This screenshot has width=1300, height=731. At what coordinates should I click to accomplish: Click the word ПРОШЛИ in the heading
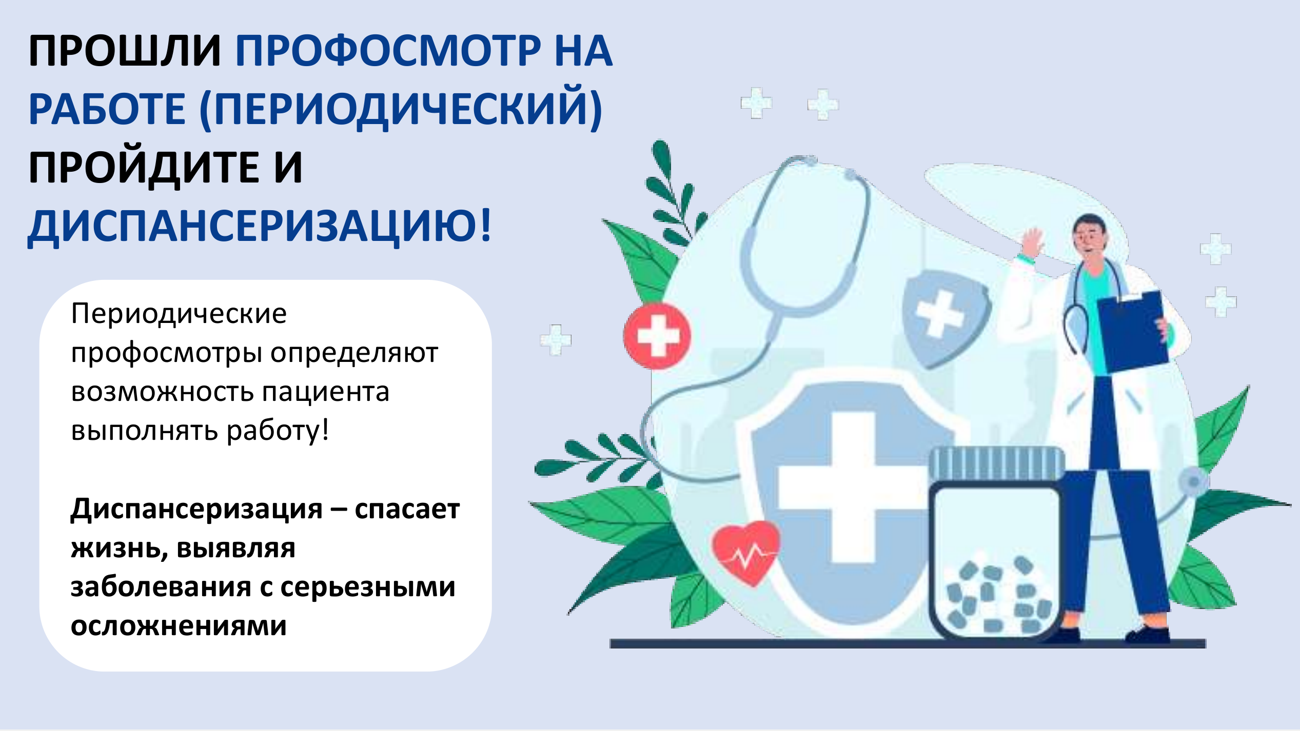tap(125, 51)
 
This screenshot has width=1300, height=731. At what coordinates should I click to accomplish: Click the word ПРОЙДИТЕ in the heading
tap(144, 168)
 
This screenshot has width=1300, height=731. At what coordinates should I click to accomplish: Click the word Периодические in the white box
tap(179, 314)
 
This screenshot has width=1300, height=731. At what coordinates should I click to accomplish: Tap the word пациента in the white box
tap(326, 392)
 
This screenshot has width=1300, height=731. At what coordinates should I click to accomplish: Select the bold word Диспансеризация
tap(196, 510)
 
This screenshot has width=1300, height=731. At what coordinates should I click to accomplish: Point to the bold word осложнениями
tap(179, 626)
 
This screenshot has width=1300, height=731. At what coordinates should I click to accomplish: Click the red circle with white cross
tap(658, 336)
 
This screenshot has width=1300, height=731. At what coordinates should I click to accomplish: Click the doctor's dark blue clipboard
tap(1133, 332)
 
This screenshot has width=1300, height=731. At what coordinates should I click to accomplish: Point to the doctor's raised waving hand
tap(1032, 243)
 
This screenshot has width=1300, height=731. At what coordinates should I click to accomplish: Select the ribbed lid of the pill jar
tap(997, 464)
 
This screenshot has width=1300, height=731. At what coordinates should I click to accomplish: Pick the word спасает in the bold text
tap(407, 510)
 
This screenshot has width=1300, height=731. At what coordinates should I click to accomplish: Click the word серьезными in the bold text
tap(368, 587)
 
